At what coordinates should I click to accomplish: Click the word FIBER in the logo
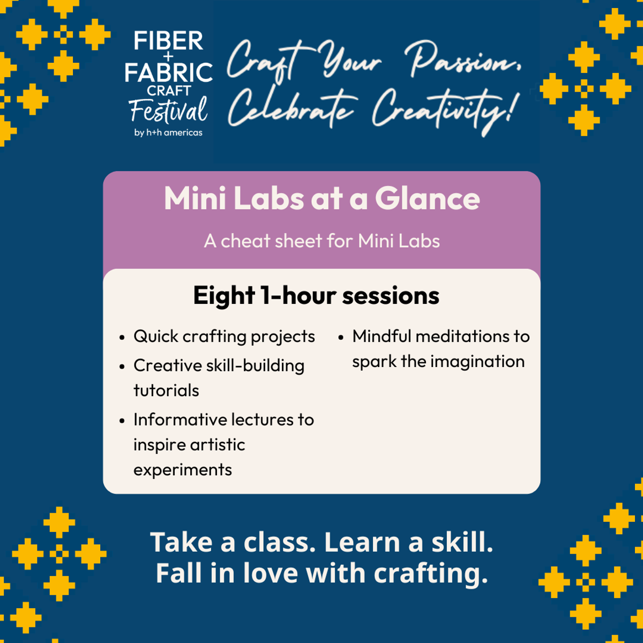(x=168, y=41)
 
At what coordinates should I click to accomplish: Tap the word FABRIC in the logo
(x=168, y=72)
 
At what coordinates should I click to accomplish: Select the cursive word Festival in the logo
(x=168, y=110)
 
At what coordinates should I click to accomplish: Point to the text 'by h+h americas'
(x=168, y=133)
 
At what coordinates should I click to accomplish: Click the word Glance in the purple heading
(x=428, y=199)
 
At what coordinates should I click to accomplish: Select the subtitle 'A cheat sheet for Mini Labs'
(x=322, y=241)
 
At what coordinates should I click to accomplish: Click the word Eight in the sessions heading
(x=224, y=296)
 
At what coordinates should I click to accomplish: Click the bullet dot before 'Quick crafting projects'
(x=122, y=338)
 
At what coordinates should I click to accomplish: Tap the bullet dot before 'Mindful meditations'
(x=341, y=338)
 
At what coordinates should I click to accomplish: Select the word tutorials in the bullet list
(x=166, y=391)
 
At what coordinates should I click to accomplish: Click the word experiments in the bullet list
(x=183, y=470)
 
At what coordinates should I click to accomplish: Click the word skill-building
(x=255, y=366)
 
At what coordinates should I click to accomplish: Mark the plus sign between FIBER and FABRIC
(x=168, y=56)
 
